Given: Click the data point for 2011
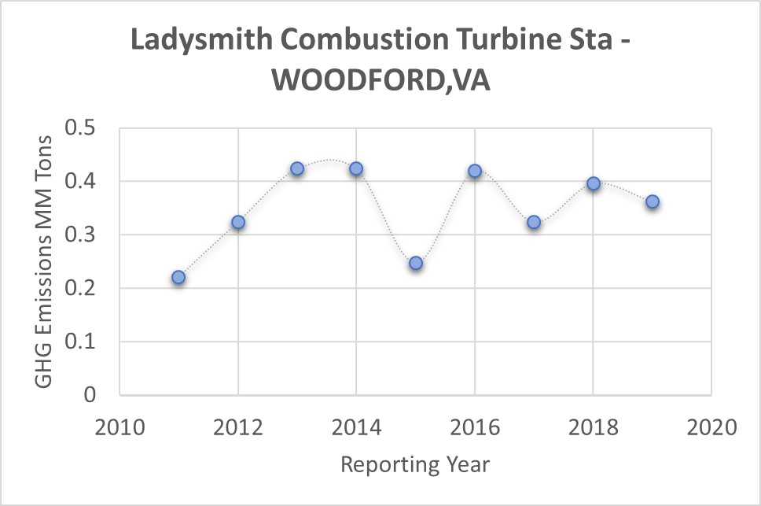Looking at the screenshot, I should click(178, 277).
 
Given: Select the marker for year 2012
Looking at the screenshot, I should click(238, 223).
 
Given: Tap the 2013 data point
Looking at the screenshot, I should click(297, 168).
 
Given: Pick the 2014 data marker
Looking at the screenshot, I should click(356, 168).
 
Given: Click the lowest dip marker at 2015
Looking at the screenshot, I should click(416, 263).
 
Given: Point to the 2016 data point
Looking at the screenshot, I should click(475, 171).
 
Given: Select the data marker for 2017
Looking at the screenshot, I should click(534, 223).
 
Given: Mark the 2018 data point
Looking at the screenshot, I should click(594, 183).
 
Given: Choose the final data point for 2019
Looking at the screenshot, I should click(653, 202).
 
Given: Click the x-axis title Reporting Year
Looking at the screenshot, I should click(415, 464).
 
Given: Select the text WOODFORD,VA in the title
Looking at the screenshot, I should click(380, 80).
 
